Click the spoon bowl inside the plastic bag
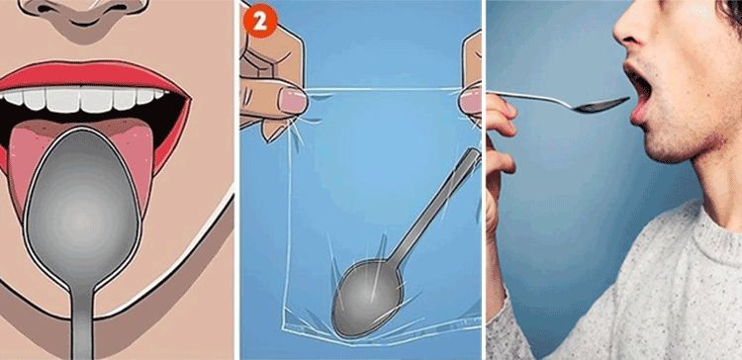point(367,299)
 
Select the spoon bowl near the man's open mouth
point(602,105)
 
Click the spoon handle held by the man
point(530,98)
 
